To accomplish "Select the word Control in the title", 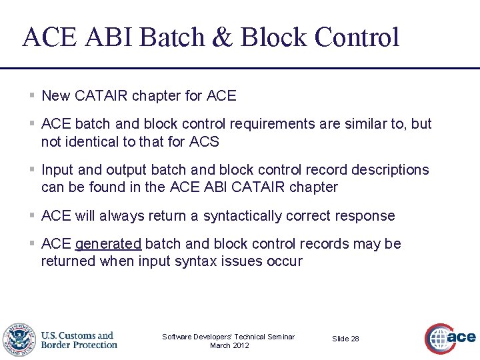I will click(x=357, y=37).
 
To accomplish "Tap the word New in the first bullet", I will click(x=55, y=96).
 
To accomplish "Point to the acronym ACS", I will click(x=204, y=141).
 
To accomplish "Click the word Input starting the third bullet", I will click(x=57, y=170).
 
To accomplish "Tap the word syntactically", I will click(x=245, y=216).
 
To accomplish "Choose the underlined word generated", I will click(x=108, y=244).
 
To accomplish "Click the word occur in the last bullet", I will click(x=285, y=261).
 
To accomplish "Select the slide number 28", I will click(x=354, y=339).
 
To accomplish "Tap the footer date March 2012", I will click(x=229, y=345).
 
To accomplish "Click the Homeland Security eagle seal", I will click(x=18, y=340).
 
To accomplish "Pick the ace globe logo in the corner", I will click(x=450, y=337).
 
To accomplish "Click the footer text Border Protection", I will click(x=79, y=345).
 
